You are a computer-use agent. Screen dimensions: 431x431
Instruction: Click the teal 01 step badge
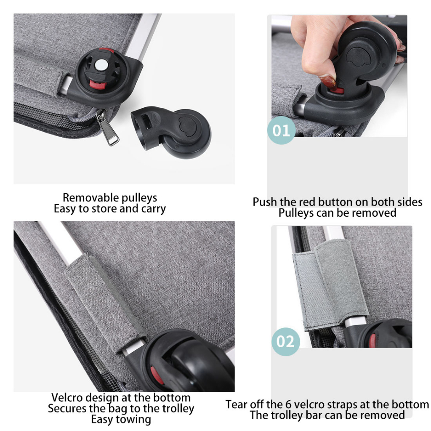281,130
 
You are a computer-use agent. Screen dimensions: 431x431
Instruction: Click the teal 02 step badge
286,342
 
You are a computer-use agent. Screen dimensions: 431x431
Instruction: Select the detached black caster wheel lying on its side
171,132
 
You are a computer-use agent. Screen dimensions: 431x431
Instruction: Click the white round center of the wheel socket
100,65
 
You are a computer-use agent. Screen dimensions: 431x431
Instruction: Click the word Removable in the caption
90,198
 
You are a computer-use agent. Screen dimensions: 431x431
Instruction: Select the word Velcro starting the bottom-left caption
65,397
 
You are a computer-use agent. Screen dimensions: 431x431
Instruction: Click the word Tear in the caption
236,404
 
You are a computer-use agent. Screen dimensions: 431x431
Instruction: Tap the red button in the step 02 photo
372,341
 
